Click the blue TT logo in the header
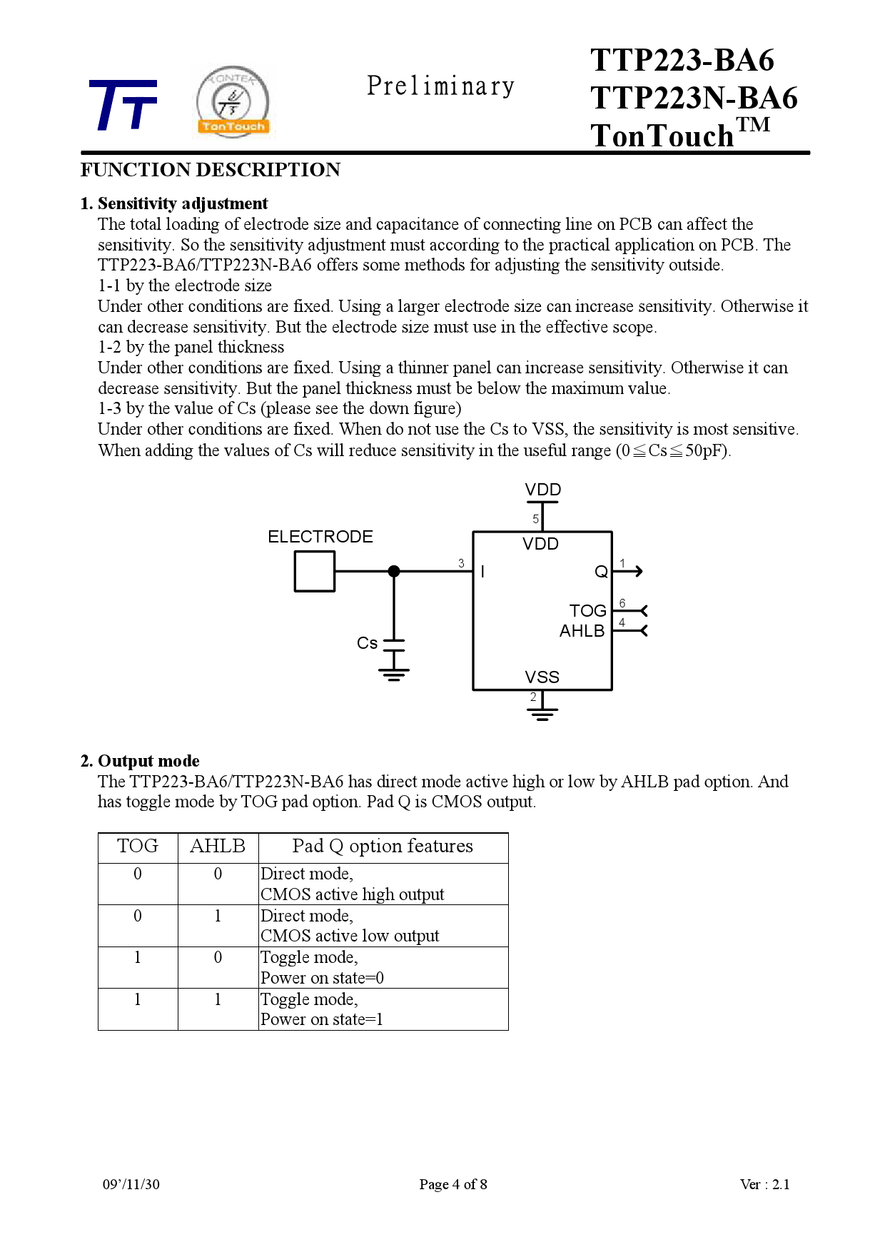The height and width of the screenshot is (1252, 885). click(x=123, y=105)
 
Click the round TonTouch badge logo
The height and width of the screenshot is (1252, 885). click(x=233, y=101)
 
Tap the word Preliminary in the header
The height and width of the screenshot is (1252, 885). click(x=440, y=86)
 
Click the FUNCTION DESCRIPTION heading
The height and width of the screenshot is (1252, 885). click(x=211, y=170)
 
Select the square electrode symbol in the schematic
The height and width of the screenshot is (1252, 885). click(x=314, y=572)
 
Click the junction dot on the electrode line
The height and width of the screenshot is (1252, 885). click(x=394, y=571)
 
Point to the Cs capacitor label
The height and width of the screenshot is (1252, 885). click(x=367, y=643)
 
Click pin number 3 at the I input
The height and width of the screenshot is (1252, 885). click(x=461, y=563)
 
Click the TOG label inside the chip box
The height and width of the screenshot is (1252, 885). click(x=587, y=611)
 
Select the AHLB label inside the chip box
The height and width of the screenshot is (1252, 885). click(x=582, y=631)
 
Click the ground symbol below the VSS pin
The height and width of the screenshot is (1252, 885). click(x=542, y=713)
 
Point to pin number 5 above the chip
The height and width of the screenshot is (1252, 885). click(x=535, y=519)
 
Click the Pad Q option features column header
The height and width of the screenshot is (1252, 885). click(x=383, y=847)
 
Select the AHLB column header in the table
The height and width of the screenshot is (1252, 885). click(x=218, y=847)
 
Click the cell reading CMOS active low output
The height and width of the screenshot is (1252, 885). click(x=350, y=936)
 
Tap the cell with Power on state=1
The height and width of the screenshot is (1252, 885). click(x=322, y=1019)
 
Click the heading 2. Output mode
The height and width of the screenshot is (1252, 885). click(x=140, y=761)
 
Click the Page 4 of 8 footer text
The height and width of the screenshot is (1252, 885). click(x=453, y=1184)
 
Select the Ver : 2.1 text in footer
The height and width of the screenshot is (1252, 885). click(x=764, y=1184)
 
